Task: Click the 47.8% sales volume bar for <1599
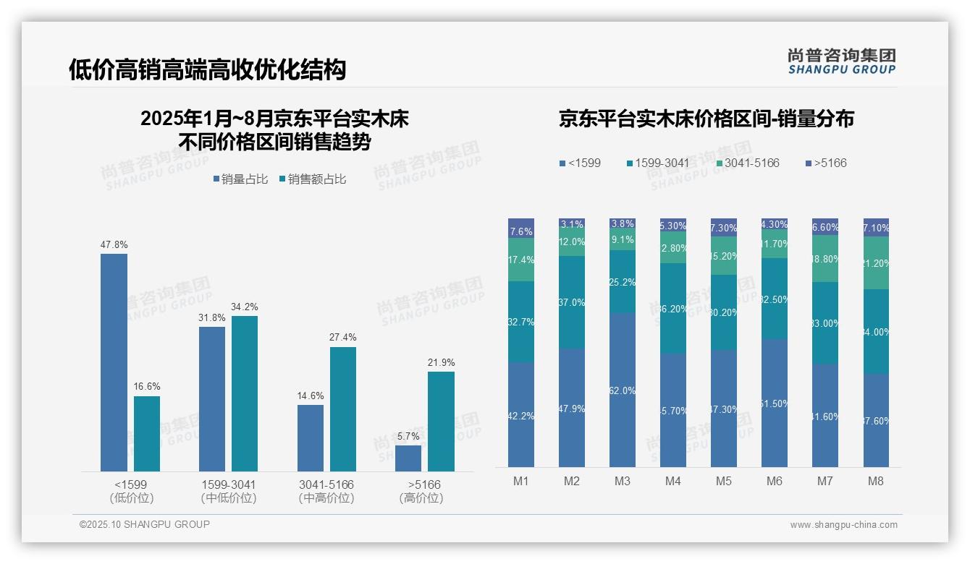pyautogui.click(x=114, y=362)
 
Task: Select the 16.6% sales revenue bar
pyautogui.click(x=147, y=434)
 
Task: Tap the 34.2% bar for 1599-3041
pyautogui.click(x=245, y=393)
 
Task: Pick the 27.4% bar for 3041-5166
pyautogui.click(x=343, y=409)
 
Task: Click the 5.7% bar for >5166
pyautogui.click(x=408, y=458)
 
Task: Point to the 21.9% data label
pyautogui.click(x=441, y=363)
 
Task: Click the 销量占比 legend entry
pyautogui.click(x=240, y=179)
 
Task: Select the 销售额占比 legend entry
pyautogui.click(x=312, y=179)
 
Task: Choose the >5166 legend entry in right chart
pyautogui.click(x=826, y=163)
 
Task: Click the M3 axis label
pyautogui.click(x=622, y=482)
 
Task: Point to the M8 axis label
pyautogui.click(x=875, y=482)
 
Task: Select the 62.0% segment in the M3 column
pyautogui.click(x=623, y=390)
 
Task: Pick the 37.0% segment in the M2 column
pyautogui.click(x=572, y=302)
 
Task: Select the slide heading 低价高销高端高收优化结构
pyautogui.click(x=207, y=69)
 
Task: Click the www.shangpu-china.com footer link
pyautogui.click(x=843, y=525)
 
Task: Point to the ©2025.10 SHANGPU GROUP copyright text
pyautogui.click(x=145, y=524)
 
